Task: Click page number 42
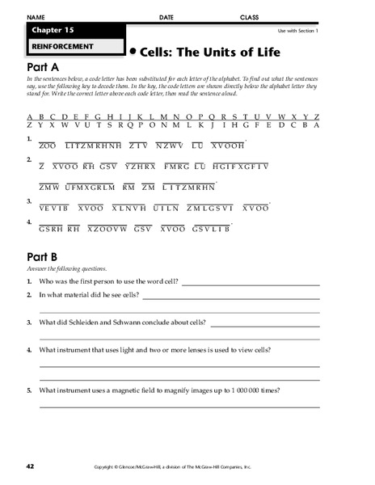[30, 467]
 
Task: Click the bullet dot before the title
[133, 50]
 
